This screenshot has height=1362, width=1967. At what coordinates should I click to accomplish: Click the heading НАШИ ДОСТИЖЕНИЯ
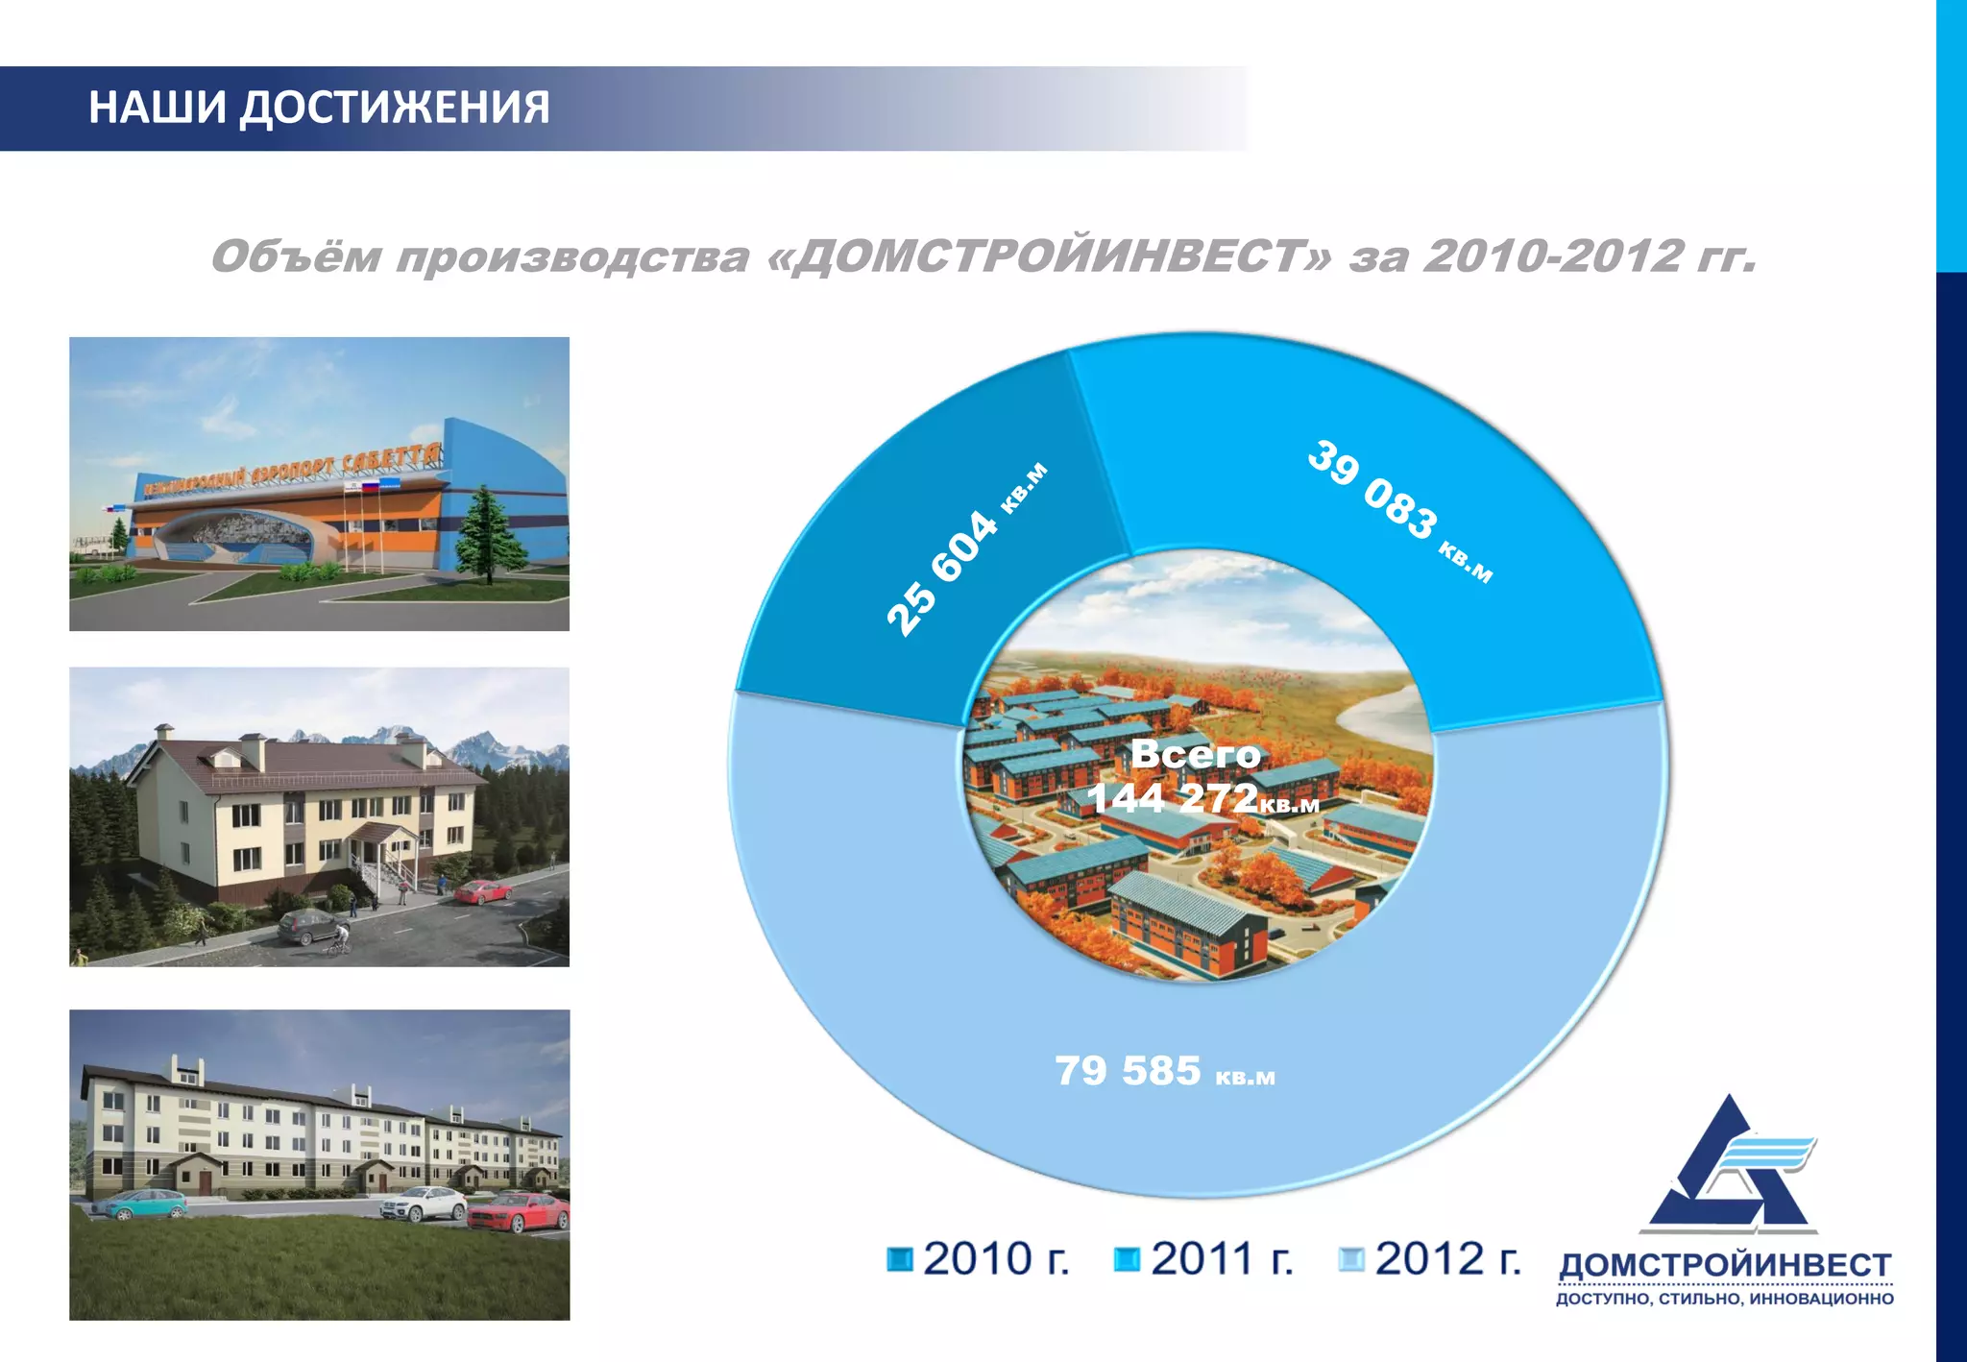(319, 107)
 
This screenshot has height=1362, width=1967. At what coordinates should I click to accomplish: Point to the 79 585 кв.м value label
(1164, 1071)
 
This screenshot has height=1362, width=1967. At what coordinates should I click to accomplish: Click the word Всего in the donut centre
(1196, 754)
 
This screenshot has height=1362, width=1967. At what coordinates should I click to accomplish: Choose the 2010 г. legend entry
(980, 1258)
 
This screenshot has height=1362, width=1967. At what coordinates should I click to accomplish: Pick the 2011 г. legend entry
(1205, 1258)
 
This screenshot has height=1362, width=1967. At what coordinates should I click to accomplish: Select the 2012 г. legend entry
(1431, 1258)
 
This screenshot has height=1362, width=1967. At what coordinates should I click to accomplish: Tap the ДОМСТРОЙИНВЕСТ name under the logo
(1725, 1265)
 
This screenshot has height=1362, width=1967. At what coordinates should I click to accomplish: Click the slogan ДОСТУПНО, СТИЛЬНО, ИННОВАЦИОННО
(1725, 1299)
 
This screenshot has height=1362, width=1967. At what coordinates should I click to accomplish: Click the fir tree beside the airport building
(489, 533)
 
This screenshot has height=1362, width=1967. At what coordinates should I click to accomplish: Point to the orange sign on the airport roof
(293, 470)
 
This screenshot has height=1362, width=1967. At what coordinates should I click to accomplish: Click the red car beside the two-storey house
(483, 892)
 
